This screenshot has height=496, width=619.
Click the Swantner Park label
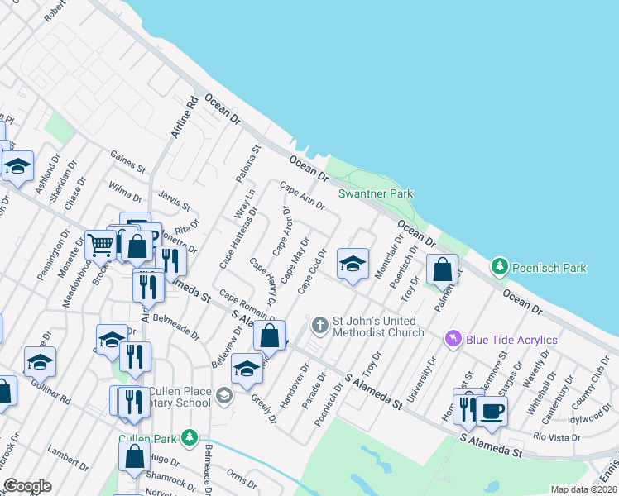point(376,193)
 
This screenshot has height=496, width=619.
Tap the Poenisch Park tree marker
point(499,267)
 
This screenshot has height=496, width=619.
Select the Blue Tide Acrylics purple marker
point(453,339)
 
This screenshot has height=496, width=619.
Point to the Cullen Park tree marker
point(191,436)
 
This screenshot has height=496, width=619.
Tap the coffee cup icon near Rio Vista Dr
point(492,411)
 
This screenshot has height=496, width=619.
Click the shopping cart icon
point(100,243)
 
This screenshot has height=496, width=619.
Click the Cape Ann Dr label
point(301,196)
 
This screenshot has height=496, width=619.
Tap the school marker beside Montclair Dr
point(353,265)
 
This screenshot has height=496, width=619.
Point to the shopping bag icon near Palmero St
point(443,269)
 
